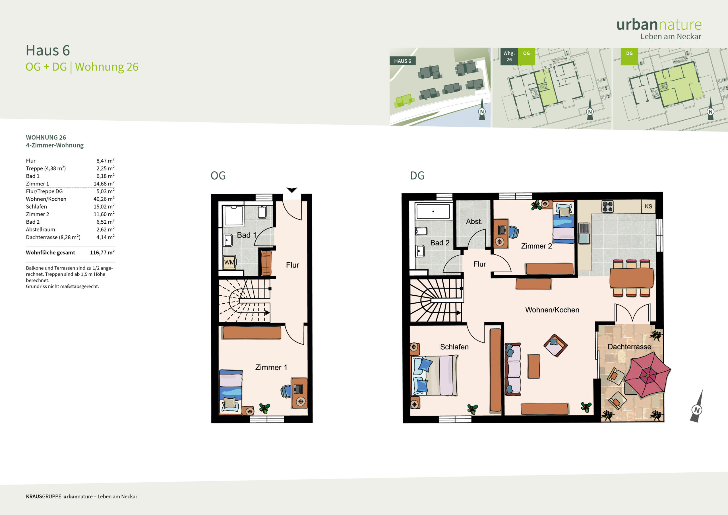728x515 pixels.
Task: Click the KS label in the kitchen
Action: click(648, 206)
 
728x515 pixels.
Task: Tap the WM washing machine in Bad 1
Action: click(229, 262)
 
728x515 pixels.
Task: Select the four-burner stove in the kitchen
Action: click(607, 206)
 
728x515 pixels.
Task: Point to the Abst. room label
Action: click(474, 221)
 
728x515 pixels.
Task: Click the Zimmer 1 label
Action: click(271, 367)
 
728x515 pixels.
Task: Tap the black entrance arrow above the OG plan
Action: click(292, 190)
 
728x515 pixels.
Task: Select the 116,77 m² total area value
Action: click(102, 253)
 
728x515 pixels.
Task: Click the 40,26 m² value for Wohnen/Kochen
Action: click(104, 199)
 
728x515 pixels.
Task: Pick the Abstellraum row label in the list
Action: click(41, 229)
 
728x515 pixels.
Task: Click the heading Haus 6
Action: click(48, 50)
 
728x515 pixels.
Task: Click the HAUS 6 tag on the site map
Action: click(403, 61)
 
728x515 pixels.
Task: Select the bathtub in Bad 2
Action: click(433, 211)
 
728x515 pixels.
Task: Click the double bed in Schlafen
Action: click(435, 375)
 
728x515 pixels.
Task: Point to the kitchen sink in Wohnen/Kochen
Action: click(584, 233)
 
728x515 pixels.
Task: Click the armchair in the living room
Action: click(555, 345)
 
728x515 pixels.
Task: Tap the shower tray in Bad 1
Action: click(234, 216)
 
